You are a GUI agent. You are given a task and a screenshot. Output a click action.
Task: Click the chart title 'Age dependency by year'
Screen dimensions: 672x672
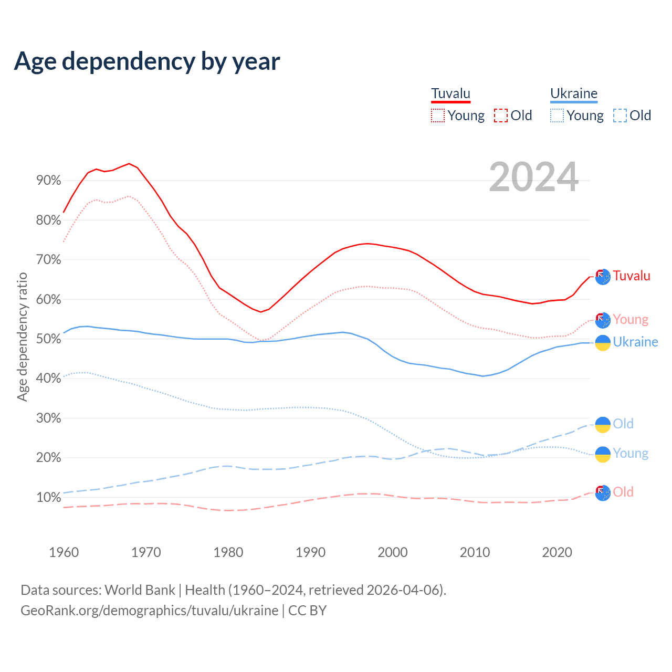(x=147, y=61)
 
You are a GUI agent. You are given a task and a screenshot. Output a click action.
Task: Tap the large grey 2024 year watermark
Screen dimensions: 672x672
(x=533, y=177)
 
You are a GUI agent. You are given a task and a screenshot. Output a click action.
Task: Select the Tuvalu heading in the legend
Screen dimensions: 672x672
(x=450, y=93)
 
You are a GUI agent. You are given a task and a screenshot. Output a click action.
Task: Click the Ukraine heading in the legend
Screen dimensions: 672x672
(x=574, y=93)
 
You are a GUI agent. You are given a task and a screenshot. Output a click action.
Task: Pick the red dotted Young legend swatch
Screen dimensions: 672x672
(x=437, y=115)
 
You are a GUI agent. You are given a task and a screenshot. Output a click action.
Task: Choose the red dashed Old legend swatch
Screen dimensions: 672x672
(x=501, y=115)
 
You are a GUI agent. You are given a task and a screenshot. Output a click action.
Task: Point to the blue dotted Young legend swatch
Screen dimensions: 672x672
(x=557, y=115)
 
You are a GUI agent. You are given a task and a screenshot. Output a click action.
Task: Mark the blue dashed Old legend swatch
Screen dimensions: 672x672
(x=620, y=115)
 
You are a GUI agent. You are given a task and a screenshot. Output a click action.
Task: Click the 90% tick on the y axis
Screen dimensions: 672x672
(x=48, y=181)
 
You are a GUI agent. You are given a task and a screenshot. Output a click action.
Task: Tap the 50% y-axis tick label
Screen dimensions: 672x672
(x=48, y=339)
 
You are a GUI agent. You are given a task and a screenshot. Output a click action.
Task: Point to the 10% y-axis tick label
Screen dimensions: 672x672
(x=48, y=498)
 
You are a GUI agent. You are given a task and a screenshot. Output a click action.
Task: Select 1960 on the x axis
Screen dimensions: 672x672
(x=64, y=552)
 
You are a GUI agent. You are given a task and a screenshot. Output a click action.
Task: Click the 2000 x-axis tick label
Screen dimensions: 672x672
(x=393, y=552)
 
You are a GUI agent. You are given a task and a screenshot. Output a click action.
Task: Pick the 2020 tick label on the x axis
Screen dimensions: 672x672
(x=557, y=552)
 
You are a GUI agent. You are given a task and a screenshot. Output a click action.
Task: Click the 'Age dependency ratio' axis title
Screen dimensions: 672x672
(x=22, y=337)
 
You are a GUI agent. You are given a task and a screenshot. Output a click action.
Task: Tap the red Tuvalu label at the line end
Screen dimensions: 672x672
(x=632, y=276)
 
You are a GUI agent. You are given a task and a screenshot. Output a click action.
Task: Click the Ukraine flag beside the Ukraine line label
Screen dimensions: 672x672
(x=603, y=342)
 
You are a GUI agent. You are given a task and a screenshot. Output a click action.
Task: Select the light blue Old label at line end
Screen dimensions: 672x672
(x=623, y=424)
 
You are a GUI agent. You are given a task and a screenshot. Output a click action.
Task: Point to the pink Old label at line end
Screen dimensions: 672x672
(x=623, y=492)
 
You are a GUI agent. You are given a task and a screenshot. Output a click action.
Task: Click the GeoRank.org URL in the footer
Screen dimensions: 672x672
(x=150, y=611)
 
